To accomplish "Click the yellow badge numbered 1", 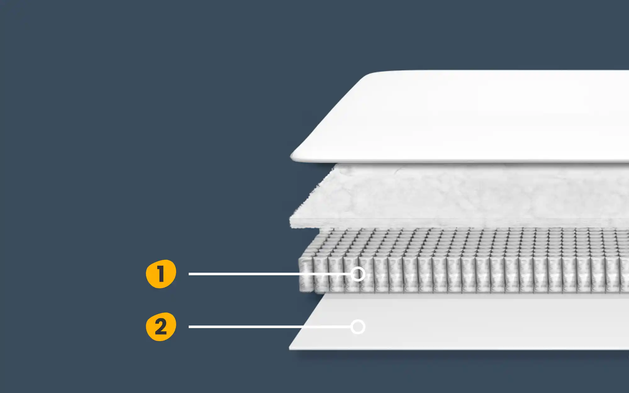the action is click(161, 274).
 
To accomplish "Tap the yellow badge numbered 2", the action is click(161, 327).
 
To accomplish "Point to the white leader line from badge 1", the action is click(270, 274).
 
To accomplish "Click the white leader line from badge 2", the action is click(270, 327).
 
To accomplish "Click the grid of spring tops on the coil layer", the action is click(472, 242).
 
